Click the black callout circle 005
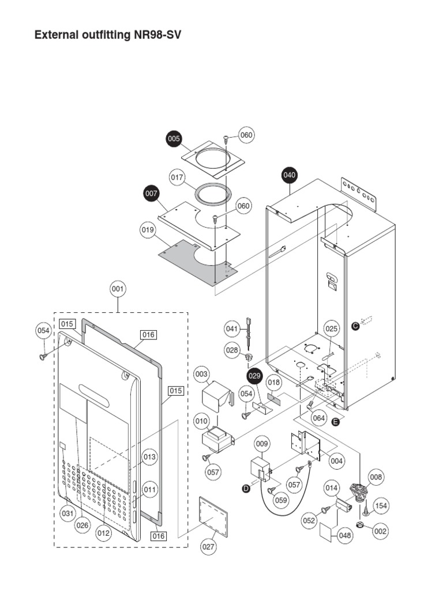174,138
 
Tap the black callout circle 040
290,175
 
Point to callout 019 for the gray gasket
148,231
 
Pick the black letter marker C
355,326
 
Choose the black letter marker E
336,422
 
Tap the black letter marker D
246,489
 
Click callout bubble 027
209,547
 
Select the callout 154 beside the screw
381,506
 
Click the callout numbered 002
381,532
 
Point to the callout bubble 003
201,375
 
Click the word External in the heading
55,35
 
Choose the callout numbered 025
331,328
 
